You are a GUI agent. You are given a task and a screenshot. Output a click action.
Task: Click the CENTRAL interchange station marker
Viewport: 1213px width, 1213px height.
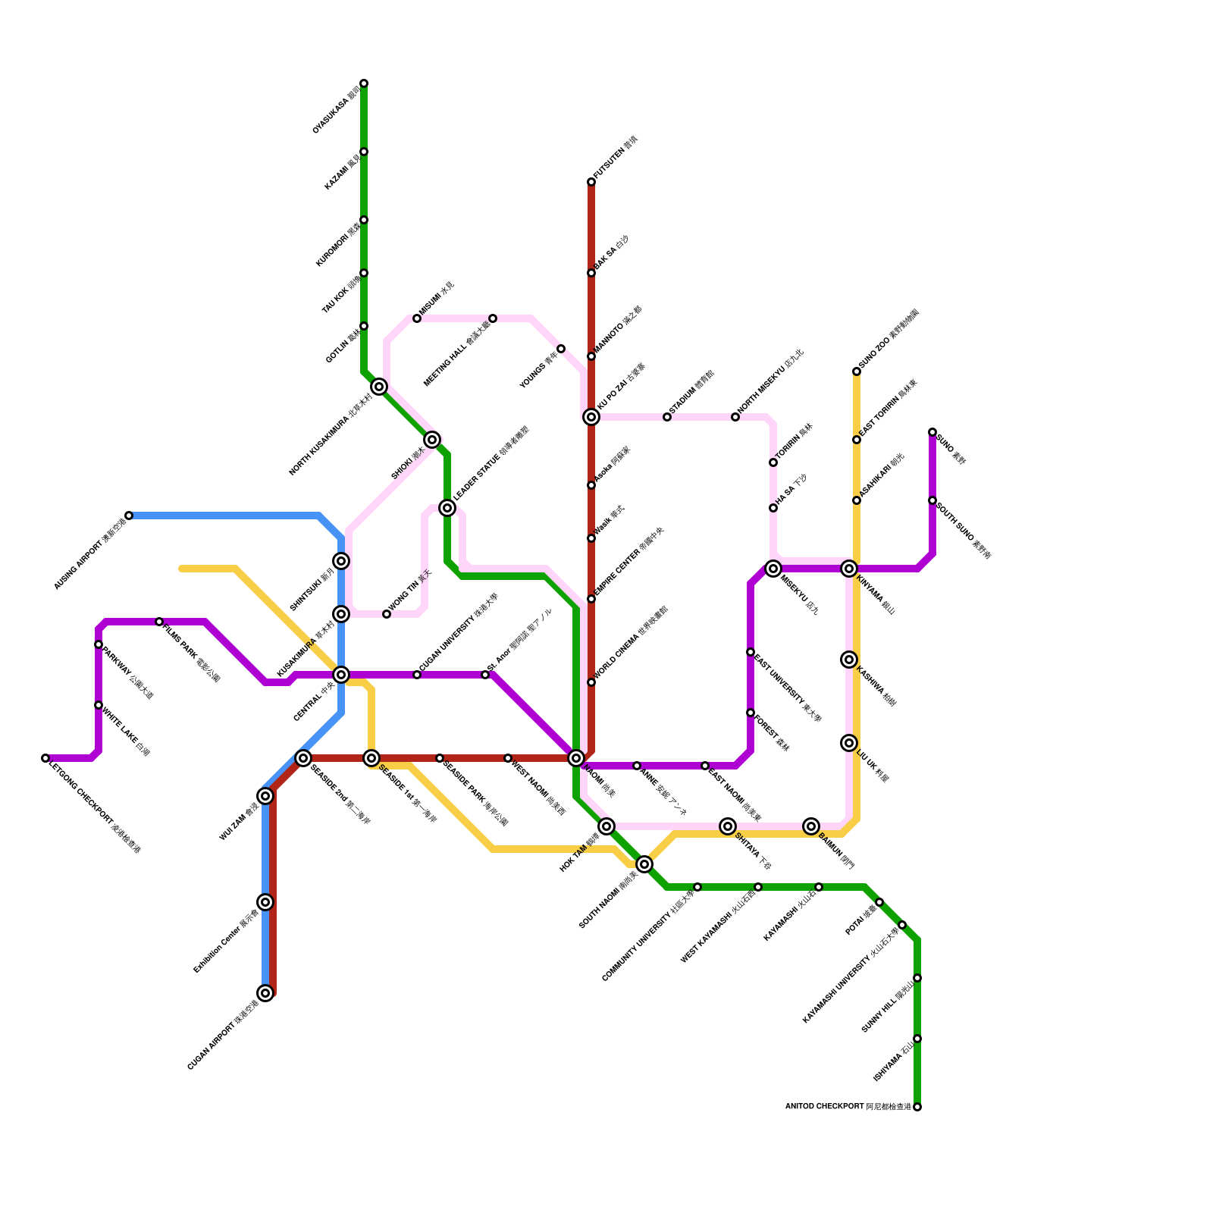click(x=341, y=675)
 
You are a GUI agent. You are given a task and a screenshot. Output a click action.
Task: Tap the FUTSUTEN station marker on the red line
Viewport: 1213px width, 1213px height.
click(x=591, y=182)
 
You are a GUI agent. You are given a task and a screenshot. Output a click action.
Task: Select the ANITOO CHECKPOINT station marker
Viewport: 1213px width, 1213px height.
click(x=917, y=1107)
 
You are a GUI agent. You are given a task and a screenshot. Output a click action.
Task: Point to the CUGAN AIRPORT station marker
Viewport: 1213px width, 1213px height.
click(x=265, y=993)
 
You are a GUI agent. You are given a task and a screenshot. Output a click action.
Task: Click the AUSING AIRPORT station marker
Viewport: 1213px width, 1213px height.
click(x=129, y=516)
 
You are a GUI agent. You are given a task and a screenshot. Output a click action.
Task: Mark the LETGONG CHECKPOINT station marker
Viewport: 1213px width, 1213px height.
click(x=45, y=758)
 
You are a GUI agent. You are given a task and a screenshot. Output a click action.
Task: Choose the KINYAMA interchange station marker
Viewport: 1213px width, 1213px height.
click(x=849, y=569)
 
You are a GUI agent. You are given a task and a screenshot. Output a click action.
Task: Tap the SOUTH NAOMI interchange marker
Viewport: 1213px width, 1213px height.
click(x=644, y=864)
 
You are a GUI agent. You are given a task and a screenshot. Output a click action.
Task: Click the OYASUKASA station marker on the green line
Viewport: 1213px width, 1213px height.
click(x=364, y=83)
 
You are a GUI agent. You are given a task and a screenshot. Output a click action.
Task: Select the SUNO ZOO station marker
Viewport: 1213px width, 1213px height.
click(x=857, y=371)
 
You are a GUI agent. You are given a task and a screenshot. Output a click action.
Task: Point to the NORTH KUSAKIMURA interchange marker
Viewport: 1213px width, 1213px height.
click(x=380, y=387)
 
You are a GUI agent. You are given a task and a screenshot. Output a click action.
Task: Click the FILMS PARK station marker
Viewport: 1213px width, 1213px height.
click(x=159, y=622)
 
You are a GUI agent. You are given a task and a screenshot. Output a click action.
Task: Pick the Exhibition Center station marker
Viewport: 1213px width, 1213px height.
click(x=265, y=902)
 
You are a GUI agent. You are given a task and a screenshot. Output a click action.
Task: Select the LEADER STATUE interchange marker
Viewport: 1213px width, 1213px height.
click(x=447, y=508)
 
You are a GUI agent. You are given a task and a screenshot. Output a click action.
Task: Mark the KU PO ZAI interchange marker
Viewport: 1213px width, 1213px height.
click(x=591, y=417)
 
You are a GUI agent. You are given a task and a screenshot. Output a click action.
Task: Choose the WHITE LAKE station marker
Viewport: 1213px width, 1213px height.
click(x=99, y=705)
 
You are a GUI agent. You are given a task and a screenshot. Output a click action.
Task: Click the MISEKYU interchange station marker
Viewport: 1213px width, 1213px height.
click(x=773, y=569)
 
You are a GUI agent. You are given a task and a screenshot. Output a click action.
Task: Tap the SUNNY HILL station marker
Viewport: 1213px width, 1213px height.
click(x=917, y=978)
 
